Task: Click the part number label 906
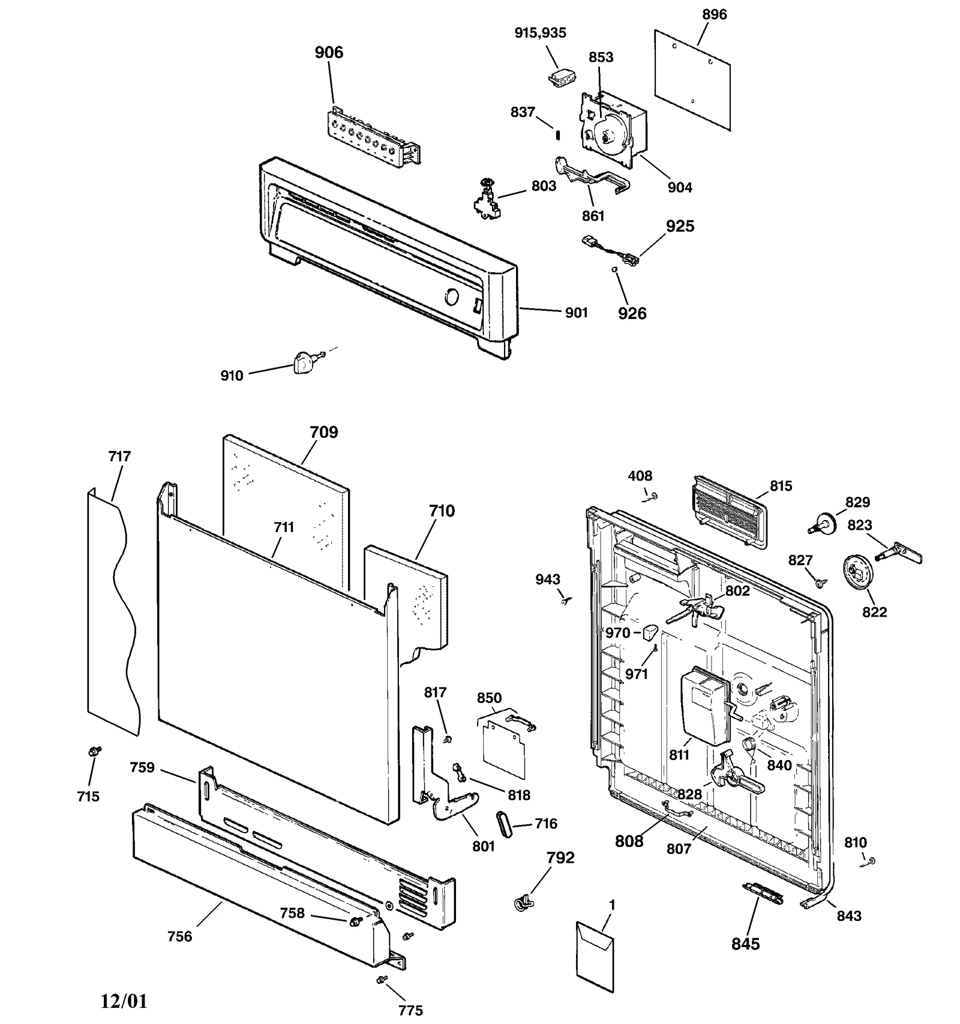coord(329,53)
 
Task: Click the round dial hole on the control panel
coord(451,297)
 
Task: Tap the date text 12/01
coord(123,1001)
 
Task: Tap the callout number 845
coord(745,944)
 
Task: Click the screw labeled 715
coord(94,751)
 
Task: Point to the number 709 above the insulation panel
coord(323,432)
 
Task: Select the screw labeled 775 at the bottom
coord(379,980)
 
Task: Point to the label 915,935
coord(540,33)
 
